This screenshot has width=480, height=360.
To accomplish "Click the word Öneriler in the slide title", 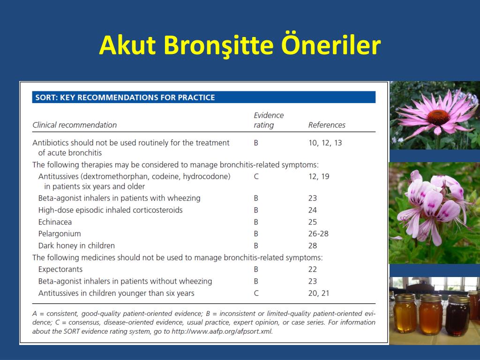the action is tap(331, 45).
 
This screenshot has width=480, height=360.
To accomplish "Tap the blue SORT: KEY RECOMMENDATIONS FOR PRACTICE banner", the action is tap(204, 97).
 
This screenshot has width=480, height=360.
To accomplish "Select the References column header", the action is tap(327, 125).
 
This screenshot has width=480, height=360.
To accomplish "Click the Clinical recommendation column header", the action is tap(75, 125).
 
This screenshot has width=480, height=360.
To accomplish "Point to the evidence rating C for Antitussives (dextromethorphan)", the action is tap(256, 176).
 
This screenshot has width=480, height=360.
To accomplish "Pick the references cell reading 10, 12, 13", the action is tap(325, 142).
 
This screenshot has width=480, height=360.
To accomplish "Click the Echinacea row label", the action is tap(55, 222).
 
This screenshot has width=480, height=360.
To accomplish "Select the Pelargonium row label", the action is tap(60, 234).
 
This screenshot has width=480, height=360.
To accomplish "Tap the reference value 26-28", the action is tap(318, 233).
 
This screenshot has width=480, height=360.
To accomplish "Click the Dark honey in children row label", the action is tap(76, 246).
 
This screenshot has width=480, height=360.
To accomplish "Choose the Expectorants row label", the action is tap(60, 270).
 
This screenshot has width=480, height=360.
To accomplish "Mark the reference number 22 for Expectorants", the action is tap(313, 269).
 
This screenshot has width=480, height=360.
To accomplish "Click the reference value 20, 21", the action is tap(319, 293).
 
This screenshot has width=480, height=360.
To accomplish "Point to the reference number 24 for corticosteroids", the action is tap(313, 210).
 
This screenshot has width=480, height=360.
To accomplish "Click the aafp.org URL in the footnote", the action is tap(222, 331).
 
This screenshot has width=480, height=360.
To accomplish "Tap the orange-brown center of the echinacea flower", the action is tap(438, 117).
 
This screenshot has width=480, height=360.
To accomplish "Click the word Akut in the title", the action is tap(127, 45).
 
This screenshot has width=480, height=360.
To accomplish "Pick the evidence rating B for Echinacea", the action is tap(256, 222).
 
